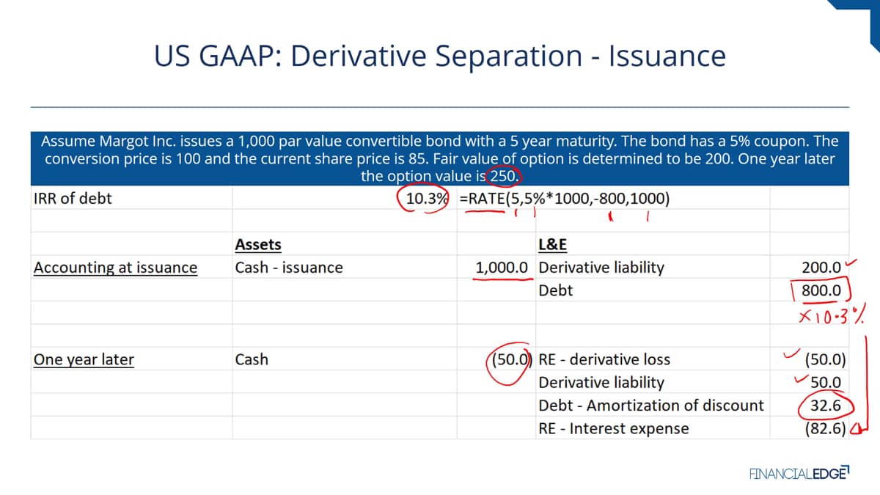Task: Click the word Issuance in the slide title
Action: (x=667, y=56)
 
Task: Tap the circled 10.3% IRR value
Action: (x=427, y=199)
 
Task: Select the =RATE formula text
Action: (x=564, y=199)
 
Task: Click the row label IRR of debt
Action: (x=73, y=199)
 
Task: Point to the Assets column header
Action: (x=258, y=244)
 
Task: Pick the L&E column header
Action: (x=552, y=244)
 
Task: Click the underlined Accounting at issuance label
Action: (x=116, y=268)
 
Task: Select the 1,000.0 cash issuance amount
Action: (x=502, y=268)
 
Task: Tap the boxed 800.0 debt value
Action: (x=821, y=290)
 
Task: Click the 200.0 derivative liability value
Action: (x=821, y=268)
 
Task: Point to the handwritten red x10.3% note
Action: (x=832, y=315)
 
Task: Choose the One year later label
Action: (x=84, y=359)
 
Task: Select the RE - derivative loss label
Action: (x=604, y=359)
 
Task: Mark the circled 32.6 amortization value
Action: (x=826, y=406)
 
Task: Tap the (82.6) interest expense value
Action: (x=826, y=428)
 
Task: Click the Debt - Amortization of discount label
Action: (x=651, y=406)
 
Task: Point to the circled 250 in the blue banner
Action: (x=502, y=176)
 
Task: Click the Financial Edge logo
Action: (x=799, y=474)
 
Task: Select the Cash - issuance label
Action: (x=289, y=268)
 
